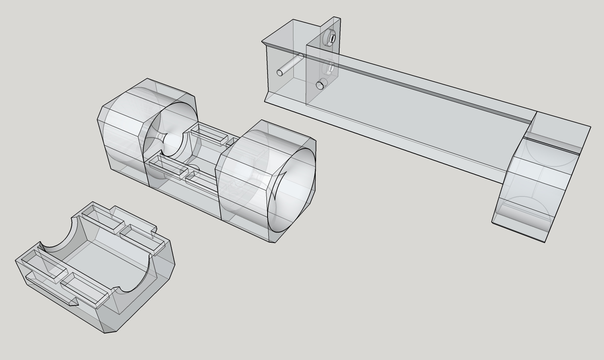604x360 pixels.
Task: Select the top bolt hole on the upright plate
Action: tap(332, 38)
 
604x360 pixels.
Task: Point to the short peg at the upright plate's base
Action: tap(320, 84)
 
